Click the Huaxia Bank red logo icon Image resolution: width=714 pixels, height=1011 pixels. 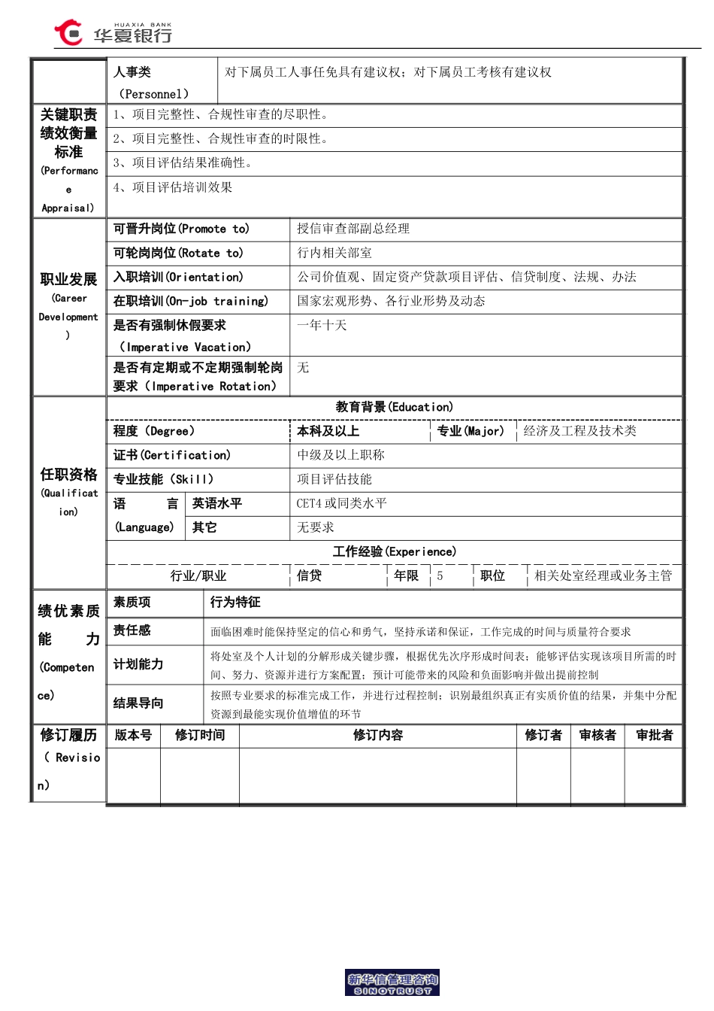(x=68, y=32)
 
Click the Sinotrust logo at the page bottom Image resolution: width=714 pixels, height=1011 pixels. (x=392, y=983)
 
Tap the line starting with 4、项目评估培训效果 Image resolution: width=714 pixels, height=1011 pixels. (x=173, y=187)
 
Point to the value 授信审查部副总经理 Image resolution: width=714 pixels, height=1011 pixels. (x=353, y=229)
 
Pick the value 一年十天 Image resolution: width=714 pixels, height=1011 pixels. (x=322, y=325)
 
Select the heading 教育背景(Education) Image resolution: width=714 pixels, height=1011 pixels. (x=394, y=407)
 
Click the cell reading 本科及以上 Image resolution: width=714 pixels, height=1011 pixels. (x=328, y=431)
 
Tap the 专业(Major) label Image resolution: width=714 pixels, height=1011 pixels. (x=470, y=431)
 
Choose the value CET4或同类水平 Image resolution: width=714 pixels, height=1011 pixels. (x=341, y=503)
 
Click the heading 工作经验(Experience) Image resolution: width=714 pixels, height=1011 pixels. (x=394, y=551)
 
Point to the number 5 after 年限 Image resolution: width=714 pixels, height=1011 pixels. (x=440, y=575)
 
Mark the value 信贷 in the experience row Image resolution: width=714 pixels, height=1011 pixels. (x=309, y=575)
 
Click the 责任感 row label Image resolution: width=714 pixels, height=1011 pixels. (x=132, y=630)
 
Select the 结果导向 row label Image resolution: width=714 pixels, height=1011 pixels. (x=138, y=703)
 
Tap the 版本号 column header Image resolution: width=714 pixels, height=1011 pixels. (x=133, y=735)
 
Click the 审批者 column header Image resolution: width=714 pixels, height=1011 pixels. (x=654, y=735)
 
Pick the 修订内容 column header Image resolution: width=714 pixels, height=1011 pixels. (x=378, y=735)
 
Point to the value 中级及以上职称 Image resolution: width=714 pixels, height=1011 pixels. (x=340, y=455)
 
